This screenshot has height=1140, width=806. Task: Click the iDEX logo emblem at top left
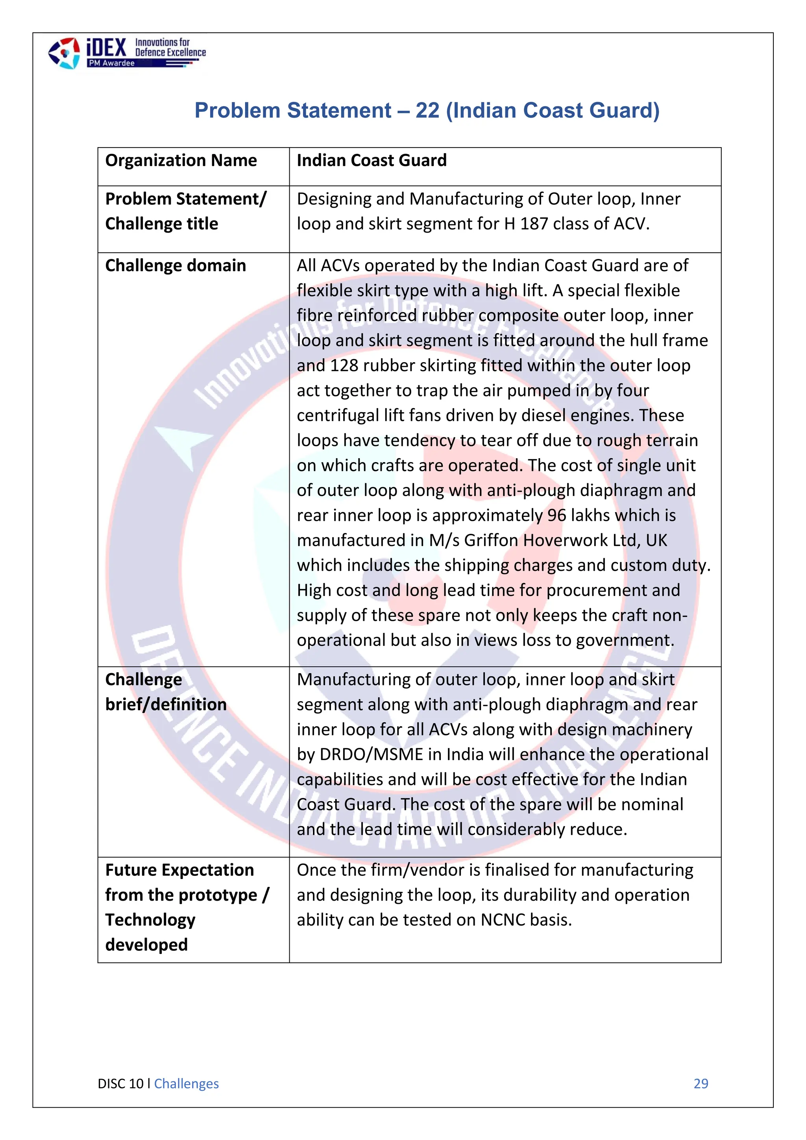click(x=63, y=53)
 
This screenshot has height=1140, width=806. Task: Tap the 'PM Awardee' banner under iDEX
click(x=112, y=63)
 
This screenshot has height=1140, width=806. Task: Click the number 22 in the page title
click(x=427, y=110)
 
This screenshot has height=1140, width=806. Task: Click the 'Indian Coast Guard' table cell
click(x=372, y=160)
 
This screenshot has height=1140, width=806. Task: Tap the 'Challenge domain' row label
click(x=176, y=266)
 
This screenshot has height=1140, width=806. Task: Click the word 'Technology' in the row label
click(x=150, y=920)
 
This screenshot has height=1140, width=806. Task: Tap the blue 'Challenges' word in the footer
click(x=186, y=1083)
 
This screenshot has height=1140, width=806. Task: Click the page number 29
click(x=701, y=1083)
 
